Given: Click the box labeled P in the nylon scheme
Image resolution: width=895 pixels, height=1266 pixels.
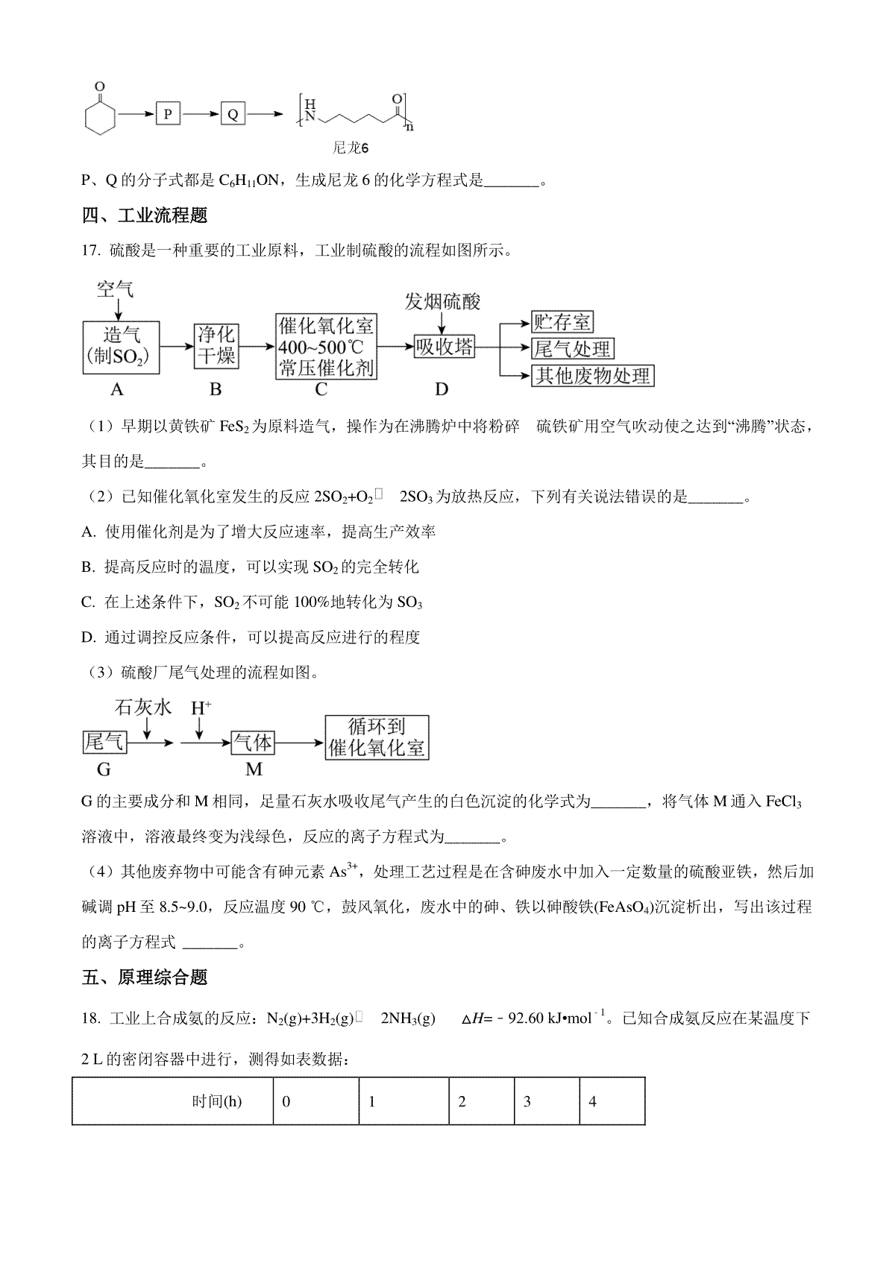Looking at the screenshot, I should click(x=168, y=114).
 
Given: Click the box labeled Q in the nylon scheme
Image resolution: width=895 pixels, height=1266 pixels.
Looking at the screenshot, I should click(x=232, y=114).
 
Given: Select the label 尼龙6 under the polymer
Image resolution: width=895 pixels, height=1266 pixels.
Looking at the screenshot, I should click(x=351, y=148).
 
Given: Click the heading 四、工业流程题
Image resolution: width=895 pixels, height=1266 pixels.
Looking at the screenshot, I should click(x=145, y=216).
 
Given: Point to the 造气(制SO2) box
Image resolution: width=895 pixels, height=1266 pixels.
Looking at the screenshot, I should click(x=121, y=347).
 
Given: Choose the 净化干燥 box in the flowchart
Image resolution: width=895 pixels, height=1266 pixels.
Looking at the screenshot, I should click(x=216, y=346).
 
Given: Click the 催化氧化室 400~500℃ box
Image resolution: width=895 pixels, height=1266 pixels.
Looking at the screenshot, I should click(x=325, y=346).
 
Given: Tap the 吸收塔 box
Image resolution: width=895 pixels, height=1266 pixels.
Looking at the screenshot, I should click(x=444, y=347).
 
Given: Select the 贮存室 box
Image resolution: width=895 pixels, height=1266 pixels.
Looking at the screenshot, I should click(x=562, y=322).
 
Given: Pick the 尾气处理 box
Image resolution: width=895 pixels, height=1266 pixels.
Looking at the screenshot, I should click(x=572, y=348).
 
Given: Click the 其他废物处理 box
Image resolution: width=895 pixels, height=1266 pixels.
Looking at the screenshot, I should click(x=593, y=375).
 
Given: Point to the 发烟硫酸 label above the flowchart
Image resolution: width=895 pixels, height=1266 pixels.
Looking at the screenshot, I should click(x=442, y=301).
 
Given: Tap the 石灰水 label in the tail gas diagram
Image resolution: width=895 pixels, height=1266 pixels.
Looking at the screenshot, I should click(x=143, y=707).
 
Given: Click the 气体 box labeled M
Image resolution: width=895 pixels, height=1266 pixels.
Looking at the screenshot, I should click(x=254, y=743).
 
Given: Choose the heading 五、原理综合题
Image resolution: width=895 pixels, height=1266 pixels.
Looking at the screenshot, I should click(x=145, y=977).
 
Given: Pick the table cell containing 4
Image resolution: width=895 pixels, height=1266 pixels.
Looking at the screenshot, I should click(x=612, y=1100).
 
